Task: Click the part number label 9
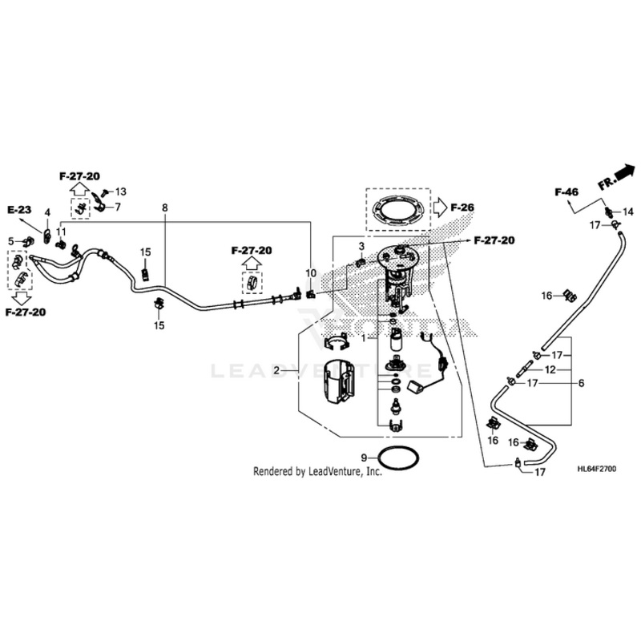tap(363, 456)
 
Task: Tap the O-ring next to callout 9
tap(398, 460)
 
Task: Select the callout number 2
tap(276, 371)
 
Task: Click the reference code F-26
tap(462, 208)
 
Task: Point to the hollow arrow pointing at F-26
tap(440, 207)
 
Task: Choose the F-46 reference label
tap(566, 192)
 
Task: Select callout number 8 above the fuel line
tap(164, 208)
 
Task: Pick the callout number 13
tap(121, 191)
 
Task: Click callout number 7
tap(117, 208)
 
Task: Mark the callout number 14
tap(627, 212)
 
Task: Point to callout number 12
tap(550, 370)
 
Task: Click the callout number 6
tap(582, 383)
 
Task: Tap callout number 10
tap(312, 274)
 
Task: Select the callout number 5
tap(11, 240)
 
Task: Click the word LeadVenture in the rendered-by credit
tap(337, 473)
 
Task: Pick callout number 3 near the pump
tap(361, 246)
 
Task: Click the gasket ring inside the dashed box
tap(397, 211)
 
